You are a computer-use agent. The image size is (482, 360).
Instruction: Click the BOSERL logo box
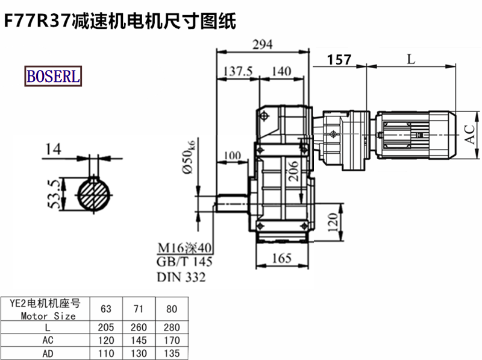pos(53,76)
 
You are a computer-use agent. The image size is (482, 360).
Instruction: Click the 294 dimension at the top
pos(263,45)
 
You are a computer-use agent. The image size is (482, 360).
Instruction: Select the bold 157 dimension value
pos(339,60)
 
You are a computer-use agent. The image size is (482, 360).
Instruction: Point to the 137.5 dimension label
pos(237,71)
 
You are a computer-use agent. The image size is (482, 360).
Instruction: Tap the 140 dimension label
pos(281,71)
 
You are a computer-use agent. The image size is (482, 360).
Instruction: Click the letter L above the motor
pos(411,59)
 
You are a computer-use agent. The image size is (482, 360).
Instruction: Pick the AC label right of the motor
pos(469,134)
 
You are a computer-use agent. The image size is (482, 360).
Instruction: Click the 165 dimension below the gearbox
pos(281,258)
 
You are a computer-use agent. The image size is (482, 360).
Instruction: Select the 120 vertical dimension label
pos(333,222)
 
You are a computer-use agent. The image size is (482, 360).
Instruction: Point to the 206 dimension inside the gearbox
pos(293,171)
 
